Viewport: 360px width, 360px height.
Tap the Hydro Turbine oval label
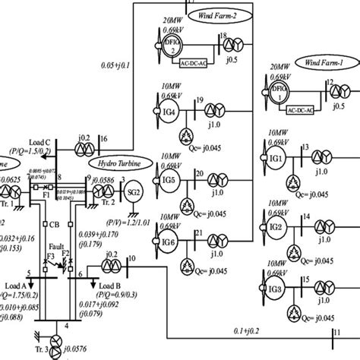(115, 162)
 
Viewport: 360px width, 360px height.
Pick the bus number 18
(222, 36)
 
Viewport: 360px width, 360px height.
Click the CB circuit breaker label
(54, 224)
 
